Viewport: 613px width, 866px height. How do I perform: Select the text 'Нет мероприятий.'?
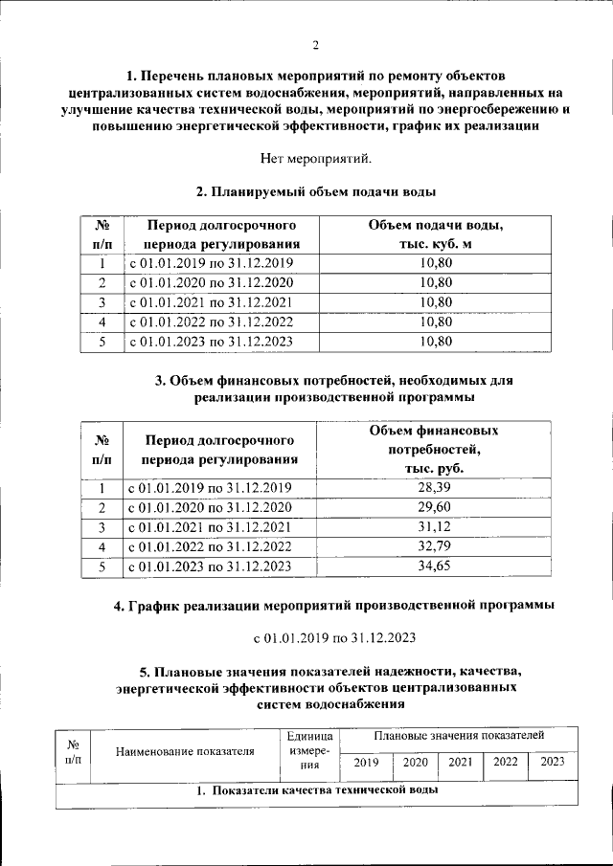click(314, 158)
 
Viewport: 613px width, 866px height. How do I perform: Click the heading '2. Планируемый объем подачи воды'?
click(316, 192)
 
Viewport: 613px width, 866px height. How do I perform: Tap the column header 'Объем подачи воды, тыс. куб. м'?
click(436, 234)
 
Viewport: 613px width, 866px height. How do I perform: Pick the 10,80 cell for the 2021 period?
click(436, 302)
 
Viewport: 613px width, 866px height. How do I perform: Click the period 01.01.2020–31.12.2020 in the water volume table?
click(211, 282)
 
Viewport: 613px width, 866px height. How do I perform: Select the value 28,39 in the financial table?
click(434, 488)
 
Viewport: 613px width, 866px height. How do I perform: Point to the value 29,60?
click(434, 507)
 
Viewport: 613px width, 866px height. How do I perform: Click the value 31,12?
click(434, 527)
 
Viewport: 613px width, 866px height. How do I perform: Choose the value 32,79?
click(434, 546)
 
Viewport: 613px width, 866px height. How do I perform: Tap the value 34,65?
click(434, 566)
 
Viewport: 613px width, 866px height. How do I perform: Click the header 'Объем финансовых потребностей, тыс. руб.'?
click(434, 450)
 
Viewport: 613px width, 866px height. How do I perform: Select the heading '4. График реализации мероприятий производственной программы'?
click(332, 607)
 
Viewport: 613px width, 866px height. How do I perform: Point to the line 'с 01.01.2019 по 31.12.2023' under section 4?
click(332, 637)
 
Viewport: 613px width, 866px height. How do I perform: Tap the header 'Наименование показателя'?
click(184, 751)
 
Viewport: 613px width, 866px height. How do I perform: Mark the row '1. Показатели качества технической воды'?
click(317, 791)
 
